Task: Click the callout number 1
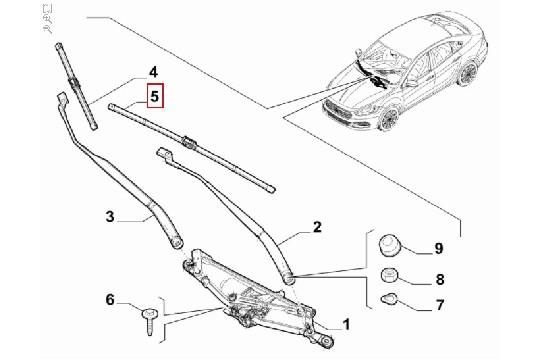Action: tap(346, 324)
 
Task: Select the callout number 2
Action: tap(317, 228)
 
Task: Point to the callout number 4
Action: tap(153, 72)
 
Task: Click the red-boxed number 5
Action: tap(155, 97)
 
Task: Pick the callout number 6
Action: tap(110, 300)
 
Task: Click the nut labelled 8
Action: tap(394, 277)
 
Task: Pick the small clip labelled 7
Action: tap(393, 299)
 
